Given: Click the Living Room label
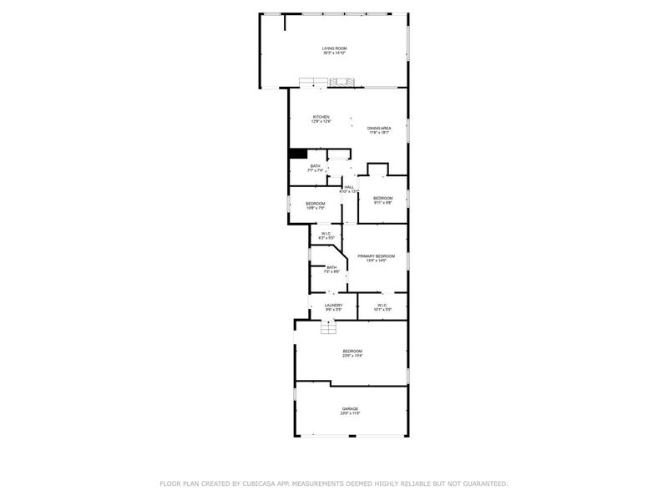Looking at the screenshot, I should tap(334, 48).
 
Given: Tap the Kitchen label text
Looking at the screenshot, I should tap(321, 117).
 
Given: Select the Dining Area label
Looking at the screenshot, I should tap(380, 128).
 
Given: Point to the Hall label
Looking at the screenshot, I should tap(349, 187).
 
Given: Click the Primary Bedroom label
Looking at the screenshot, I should tap(376, 256).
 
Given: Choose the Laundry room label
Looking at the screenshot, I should tap(333, 306).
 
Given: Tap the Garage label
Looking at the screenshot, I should tap(350, 408).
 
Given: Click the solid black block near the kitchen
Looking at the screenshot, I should tap(297, 153).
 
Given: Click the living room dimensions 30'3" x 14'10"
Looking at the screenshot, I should tap(334, 53).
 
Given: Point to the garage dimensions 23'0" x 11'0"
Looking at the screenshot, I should tap(350, 413).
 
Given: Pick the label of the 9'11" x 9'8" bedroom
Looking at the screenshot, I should tap(382, 198).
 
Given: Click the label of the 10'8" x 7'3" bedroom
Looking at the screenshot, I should tap(315, 204).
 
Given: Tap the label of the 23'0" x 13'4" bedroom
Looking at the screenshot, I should tap(352, 351).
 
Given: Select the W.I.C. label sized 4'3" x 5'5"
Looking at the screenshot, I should tap(326, 233).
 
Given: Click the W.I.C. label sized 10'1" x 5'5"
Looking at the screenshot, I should tap(382, 306).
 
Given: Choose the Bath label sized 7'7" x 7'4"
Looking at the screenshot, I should tap(315, 166).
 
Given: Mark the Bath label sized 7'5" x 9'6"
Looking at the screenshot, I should tap(331, 267).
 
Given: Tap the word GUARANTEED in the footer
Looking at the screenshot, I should tap(480, 483).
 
